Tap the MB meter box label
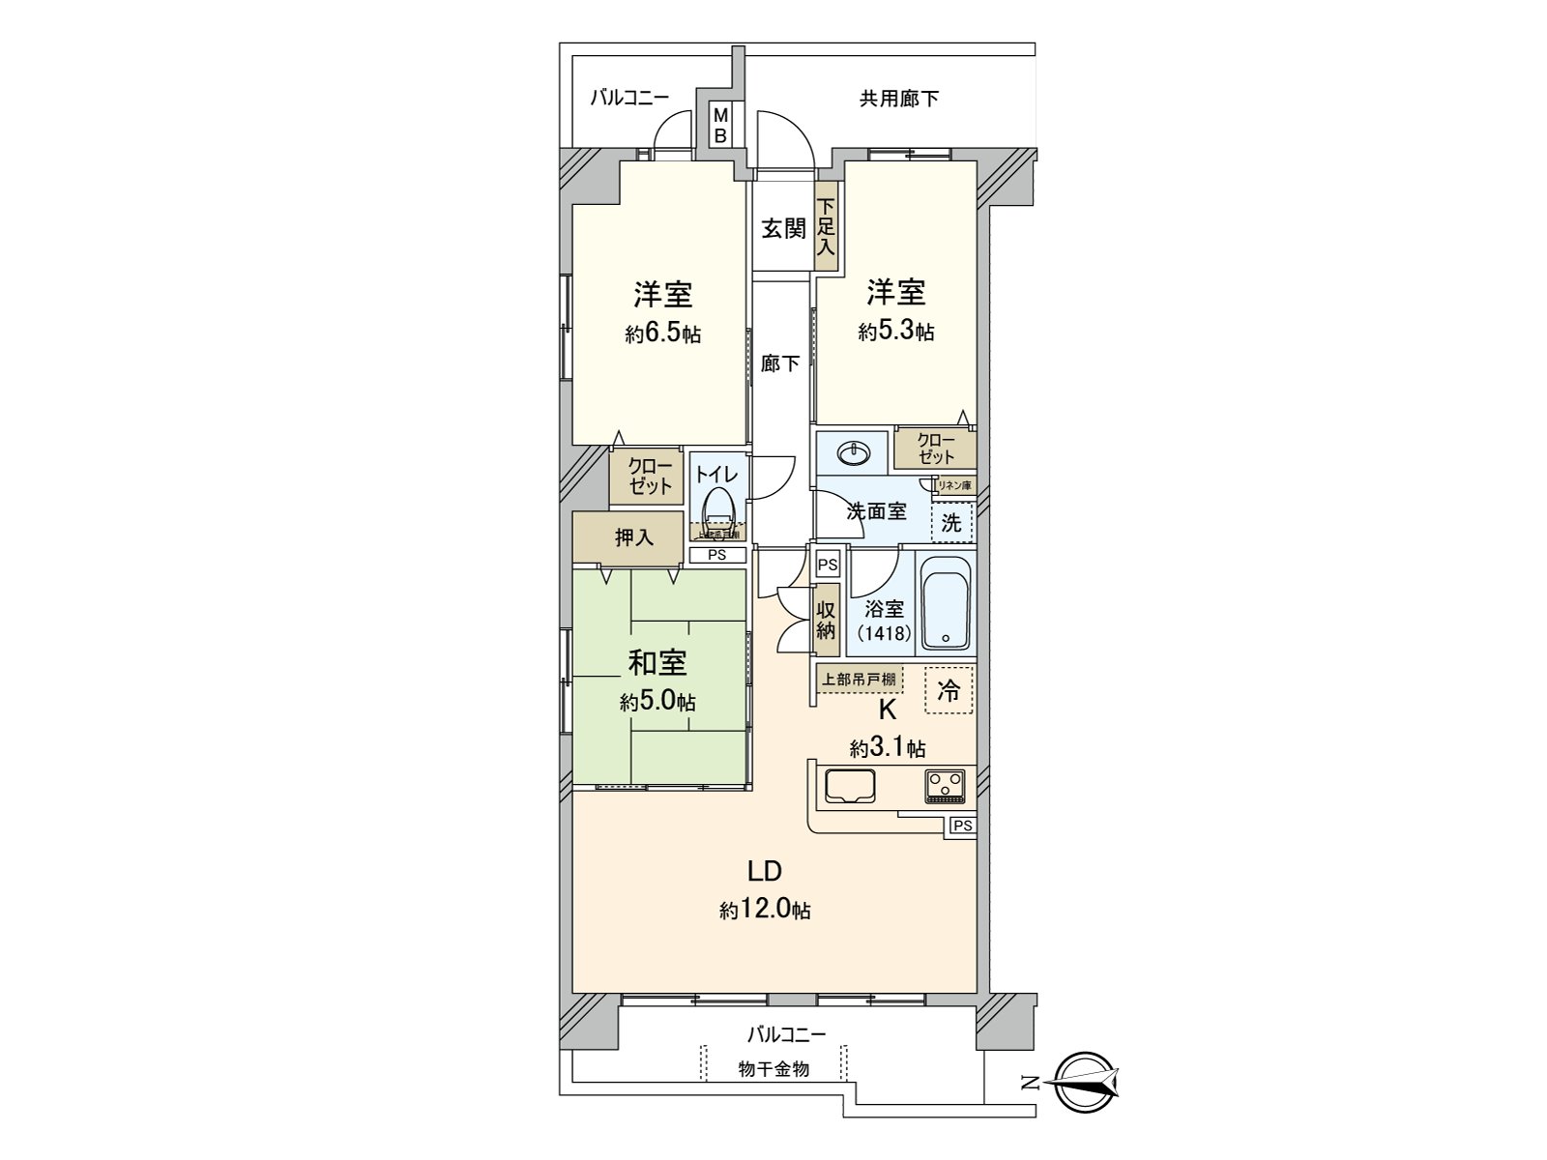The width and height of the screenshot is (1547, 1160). click(720, 126)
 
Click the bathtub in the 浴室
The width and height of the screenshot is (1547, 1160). click(946, 601)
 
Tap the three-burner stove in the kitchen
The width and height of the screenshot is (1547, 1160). click(945, 786)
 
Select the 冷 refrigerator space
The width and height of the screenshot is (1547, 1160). click(949, 691)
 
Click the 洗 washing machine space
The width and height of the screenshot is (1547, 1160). click(952, 523)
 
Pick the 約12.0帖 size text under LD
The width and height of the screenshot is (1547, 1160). click(764, 910)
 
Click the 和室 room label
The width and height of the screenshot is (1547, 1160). click(657, 663)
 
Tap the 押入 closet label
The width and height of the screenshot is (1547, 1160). click(634, 537)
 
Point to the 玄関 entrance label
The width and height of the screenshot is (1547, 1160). click(783, 229)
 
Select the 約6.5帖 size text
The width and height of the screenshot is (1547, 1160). click(662, 334)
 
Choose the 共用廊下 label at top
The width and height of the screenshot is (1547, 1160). click(898, 99)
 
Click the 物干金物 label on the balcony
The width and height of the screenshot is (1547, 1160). click(773, 1069)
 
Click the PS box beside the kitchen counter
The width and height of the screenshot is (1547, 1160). click(961, 826)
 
